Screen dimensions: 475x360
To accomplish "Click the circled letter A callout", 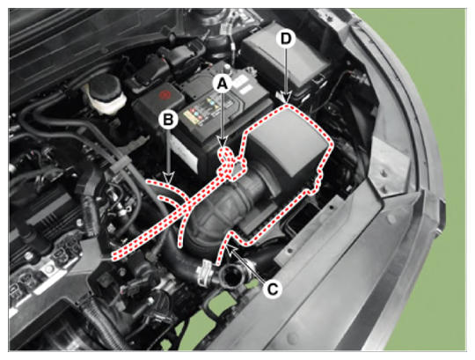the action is coord(223,84).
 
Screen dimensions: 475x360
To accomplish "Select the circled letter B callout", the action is coord(168,119).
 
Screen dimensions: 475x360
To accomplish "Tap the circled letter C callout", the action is coord(273,289).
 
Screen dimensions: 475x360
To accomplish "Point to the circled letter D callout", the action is coord(286,39).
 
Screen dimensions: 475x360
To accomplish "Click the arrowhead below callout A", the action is coord(223,142).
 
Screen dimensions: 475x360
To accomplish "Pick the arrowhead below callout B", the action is coord(168,178).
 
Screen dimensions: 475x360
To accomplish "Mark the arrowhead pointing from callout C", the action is coord(232,249).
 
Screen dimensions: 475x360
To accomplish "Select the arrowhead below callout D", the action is coord(286,98).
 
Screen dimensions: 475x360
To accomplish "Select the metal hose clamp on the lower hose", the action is coord(204,272).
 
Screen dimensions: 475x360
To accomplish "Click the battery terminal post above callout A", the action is coord(227,69).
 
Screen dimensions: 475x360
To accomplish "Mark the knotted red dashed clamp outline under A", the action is coord(230,164).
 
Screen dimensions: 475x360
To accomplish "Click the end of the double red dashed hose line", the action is coord(113,256).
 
